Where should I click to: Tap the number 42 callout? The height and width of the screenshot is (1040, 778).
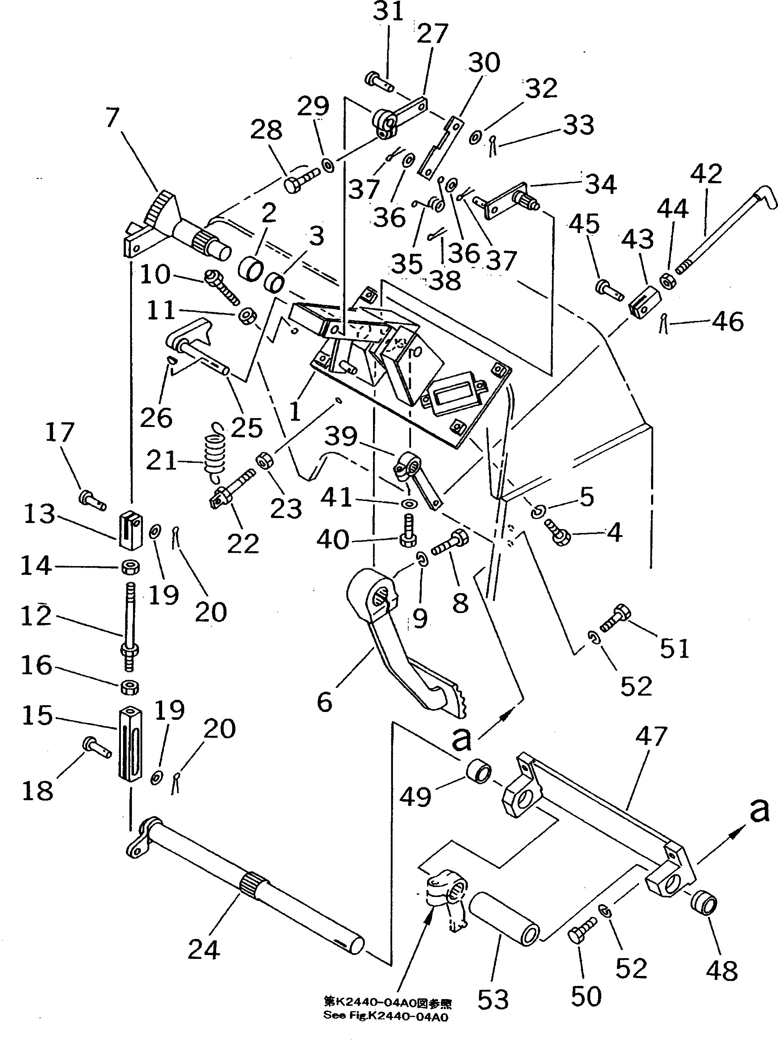706,174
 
